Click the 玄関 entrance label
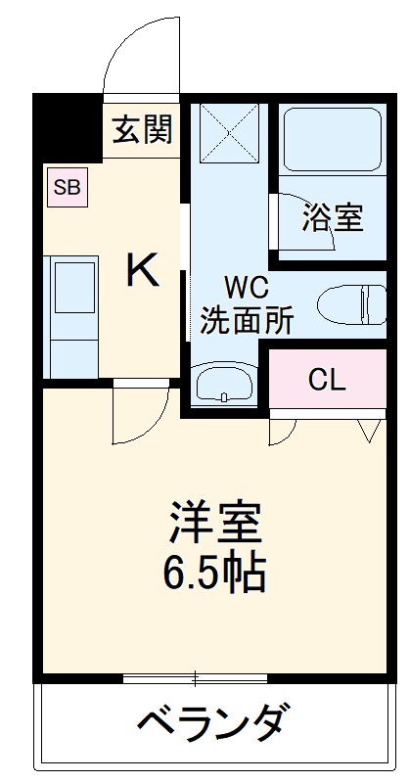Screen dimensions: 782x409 [142, 130]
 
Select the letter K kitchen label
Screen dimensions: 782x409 [143, 270]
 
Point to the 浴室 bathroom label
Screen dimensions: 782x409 [333, 217]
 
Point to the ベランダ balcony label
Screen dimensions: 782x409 [211, 725]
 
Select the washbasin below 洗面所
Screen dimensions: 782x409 [224, 383]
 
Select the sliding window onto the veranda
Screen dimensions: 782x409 [196, 677]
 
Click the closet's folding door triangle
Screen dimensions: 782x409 [369, 430]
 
